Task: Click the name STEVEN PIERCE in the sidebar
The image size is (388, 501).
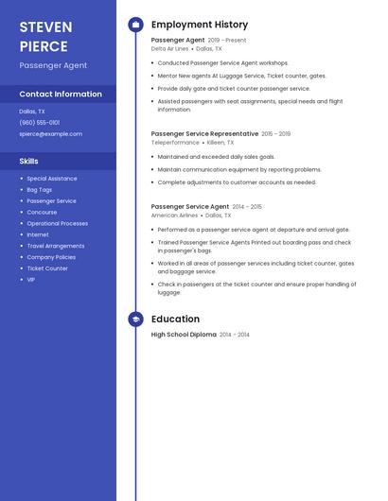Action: tap(45, 37)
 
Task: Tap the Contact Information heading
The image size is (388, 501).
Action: tap(61, 95)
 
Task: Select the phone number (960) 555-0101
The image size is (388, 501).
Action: tap(40, 123)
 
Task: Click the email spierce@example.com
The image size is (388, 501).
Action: tap(50, 134)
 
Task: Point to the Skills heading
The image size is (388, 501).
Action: tap(28, 162)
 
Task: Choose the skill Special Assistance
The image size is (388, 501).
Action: tap(51, 179)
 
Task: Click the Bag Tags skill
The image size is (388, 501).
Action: tap(40, 190)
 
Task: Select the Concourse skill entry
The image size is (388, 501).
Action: tap(42, 213)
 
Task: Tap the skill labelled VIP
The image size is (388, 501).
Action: tap(31, 280)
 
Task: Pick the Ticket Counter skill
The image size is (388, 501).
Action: tap(47, 268)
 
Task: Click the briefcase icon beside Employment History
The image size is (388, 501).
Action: tap(135, 25)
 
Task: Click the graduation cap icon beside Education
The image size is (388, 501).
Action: tap(135, 320)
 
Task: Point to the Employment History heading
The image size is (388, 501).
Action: tap(200, 25)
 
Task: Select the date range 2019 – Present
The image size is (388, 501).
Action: tap(227, 41)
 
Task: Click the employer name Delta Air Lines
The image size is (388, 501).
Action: tap(170, 49)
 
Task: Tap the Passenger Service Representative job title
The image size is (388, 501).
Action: tap(204, 134)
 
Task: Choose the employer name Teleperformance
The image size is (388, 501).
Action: tap(176, 143)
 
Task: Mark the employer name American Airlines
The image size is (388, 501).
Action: tap(175, 216)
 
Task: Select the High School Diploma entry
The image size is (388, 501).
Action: tap(184, 335)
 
